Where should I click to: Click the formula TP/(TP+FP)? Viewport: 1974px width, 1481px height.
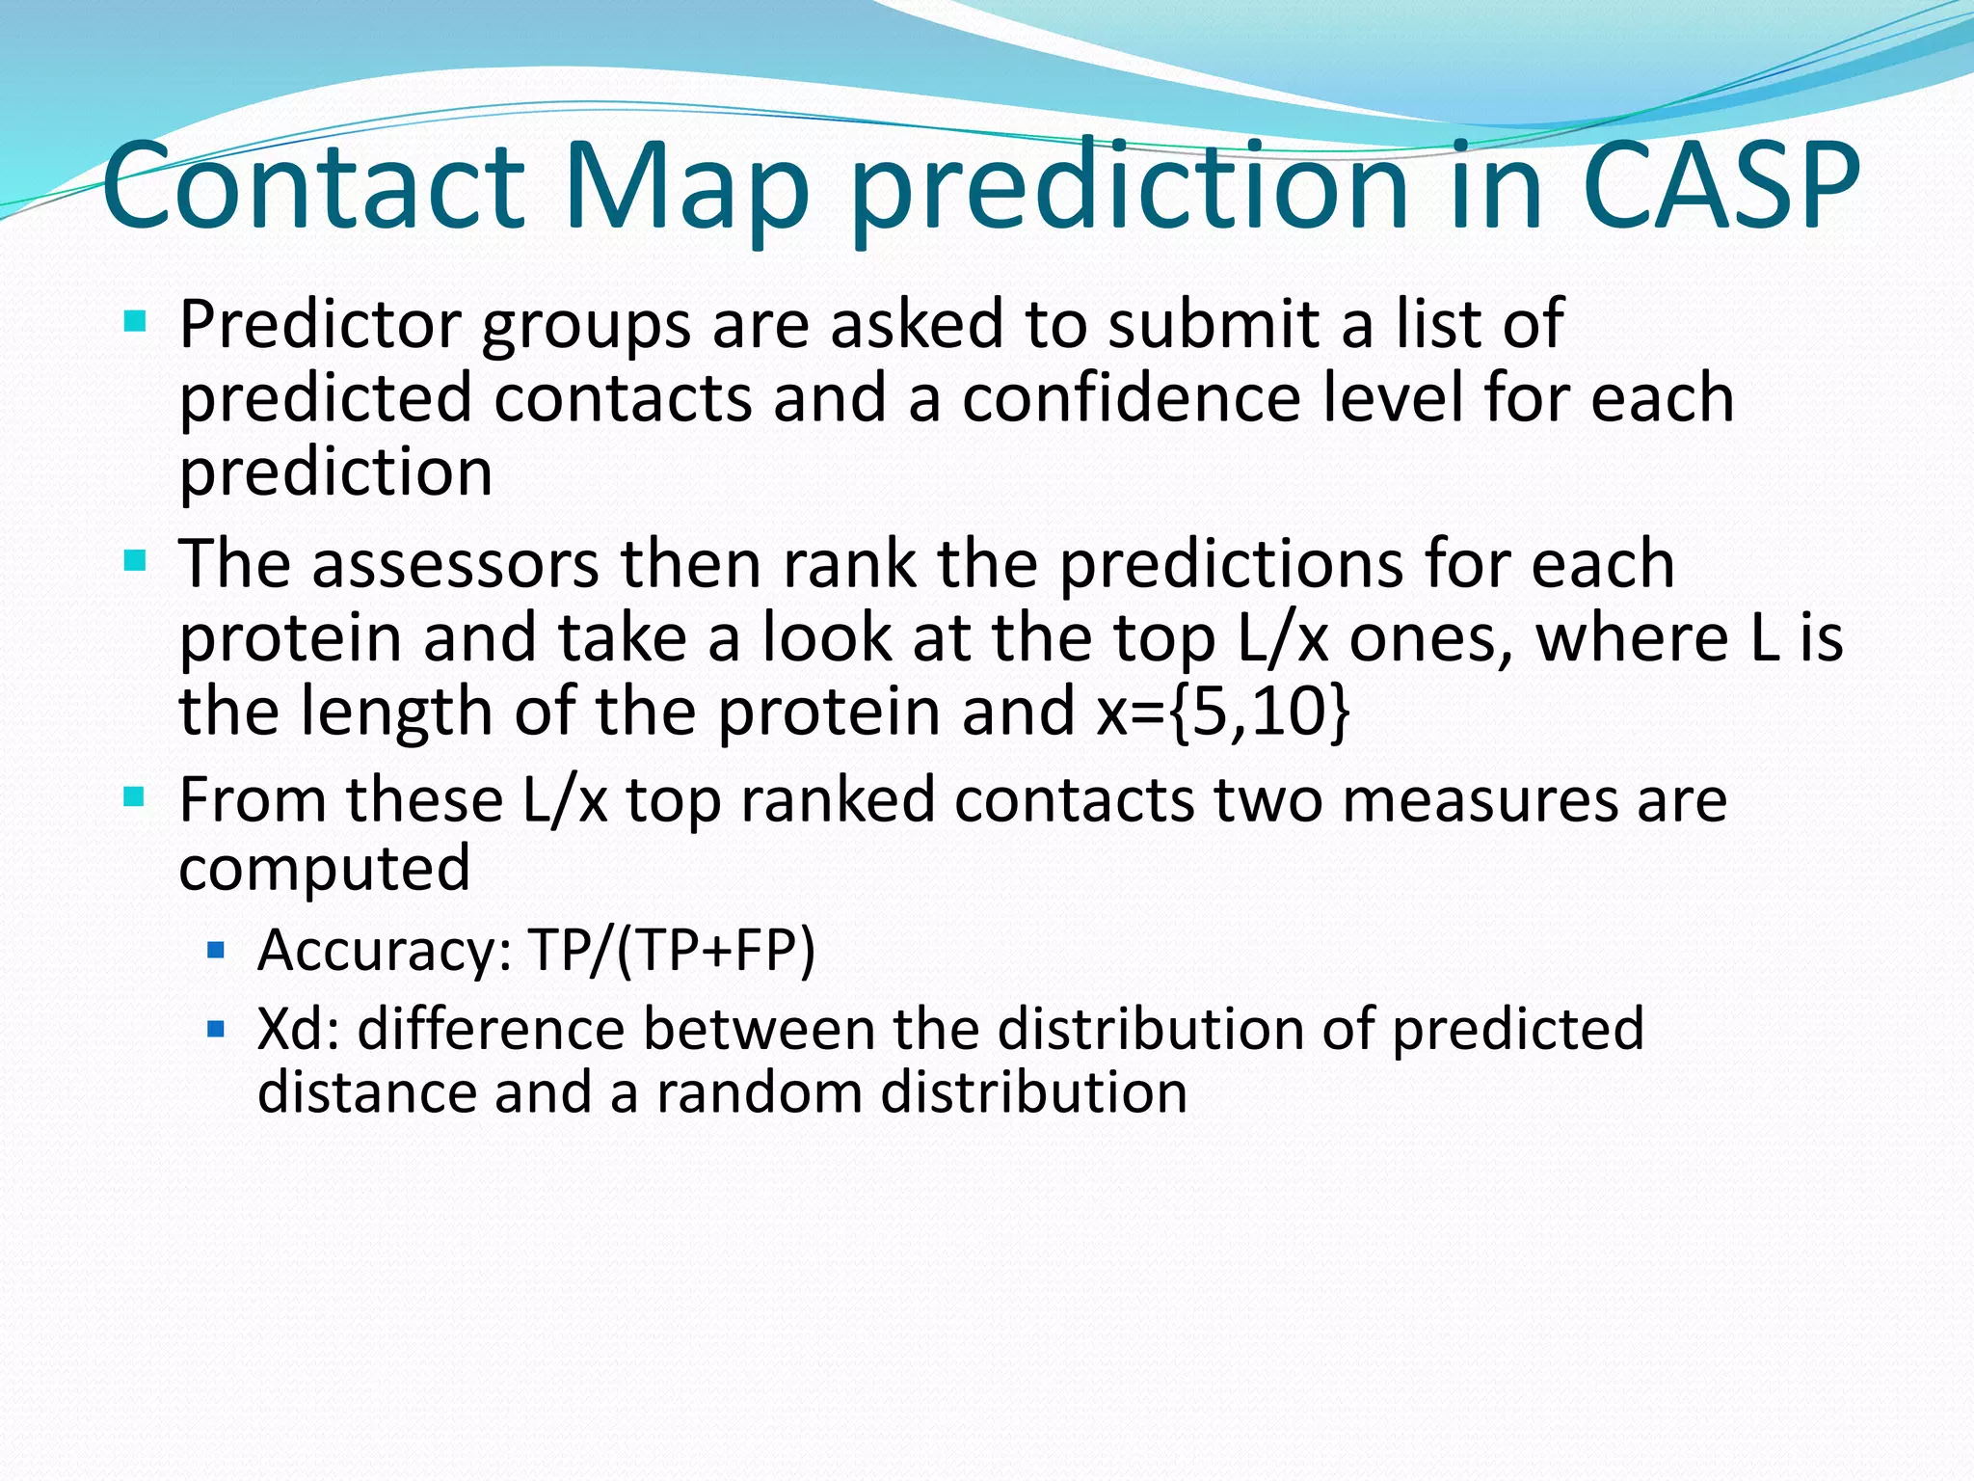tap(672, 951)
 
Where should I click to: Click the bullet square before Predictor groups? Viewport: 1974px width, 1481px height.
tap(135, 320)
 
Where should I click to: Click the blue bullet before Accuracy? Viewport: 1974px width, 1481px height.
tap(216, 952)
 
